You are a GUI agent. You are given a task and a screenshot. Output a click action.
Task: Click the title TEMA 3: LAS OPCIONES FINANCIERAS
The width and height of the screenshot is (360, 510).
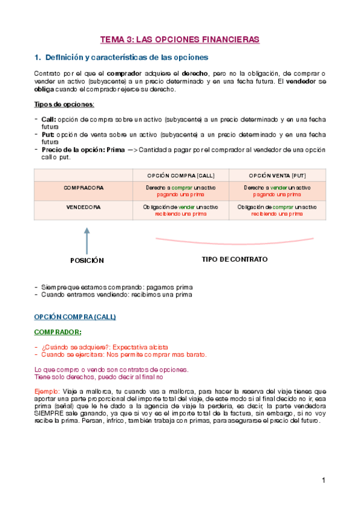pyautogui.click(x=180, y=39)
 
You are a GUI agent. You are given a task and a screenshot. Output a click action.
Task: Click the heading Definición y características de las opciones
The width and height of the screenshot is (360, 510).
pyautogui.click(x=127, y=58)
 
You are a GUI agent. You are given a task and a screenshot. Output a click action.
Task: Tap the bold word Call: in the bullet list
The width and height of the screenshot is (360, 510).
pyautogui.click(x=49, y=119)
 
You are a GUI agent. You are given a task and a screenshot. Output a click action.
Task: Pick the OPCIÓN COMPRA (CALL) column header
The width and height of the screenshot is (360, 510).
pyautogui.click(x=181, y=175)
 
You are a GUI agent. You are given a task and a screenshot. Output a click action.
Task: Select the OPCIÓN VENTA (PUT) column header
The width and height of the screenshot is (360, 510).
pyautogui.click(x=277, y=175)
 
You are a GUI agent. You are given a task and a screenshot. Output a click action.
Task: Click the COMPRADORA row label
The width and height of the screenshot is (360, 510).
pyautogui.click(x=84, y=188)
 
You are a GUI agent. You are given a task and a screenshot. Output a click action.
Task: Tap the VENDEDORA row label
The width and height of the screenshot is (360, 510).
pyautogui.click(x=84, y=207)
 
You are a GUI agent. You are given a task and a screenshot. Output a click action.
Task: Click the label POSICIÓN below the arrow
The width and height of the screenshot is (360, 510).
pyautogui.click(x=87, y=260)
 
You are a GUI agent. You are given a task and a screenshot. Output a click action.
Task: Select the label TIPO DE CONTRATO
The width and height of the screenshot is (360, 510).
pyautogui.click(x=234, y=259)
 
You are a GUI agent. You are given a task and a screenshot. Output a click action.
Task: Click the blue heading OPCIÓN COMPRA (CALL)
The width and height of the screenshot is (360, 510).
pyautogui.click(x=75, y=316)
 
